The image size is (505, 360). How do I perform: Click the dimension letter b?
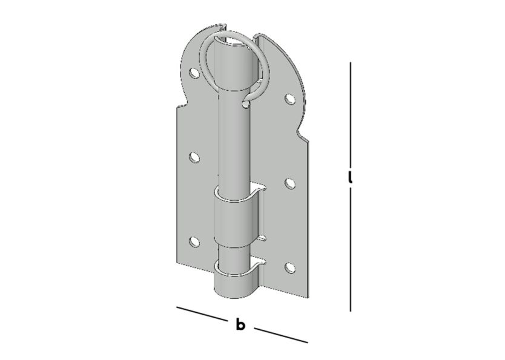(x=240, y=325)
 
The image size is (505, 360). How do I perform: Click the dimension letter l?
(x=351, y=178)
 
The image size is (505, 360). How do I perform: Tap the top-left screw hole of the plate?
(x=194, y=74)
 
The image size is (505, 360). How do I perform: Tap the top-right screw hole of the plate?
(x=290, y=99)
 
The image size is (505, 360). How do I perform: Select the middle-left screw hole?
(x=194, y=158)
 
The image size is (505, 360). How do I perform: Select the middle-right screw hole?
(x=290, y=183)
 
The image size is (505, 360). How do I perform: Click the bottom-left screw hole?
(x=194, y=242)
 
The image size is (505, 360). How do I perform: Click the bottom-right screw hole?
(x=290, y=267)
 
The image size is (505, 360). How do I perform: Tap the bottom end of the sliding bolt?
(x=234, y=292)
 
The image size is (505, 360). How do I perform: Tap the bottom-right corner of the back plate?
(x=306, y=299)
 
